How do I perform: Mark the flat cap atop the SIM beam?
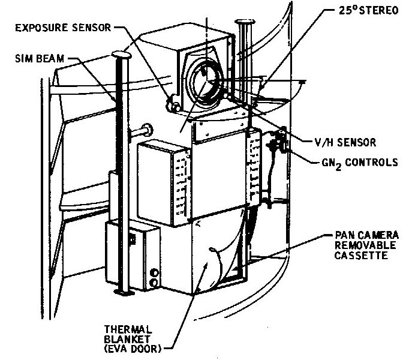click(x=121, y=55)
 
